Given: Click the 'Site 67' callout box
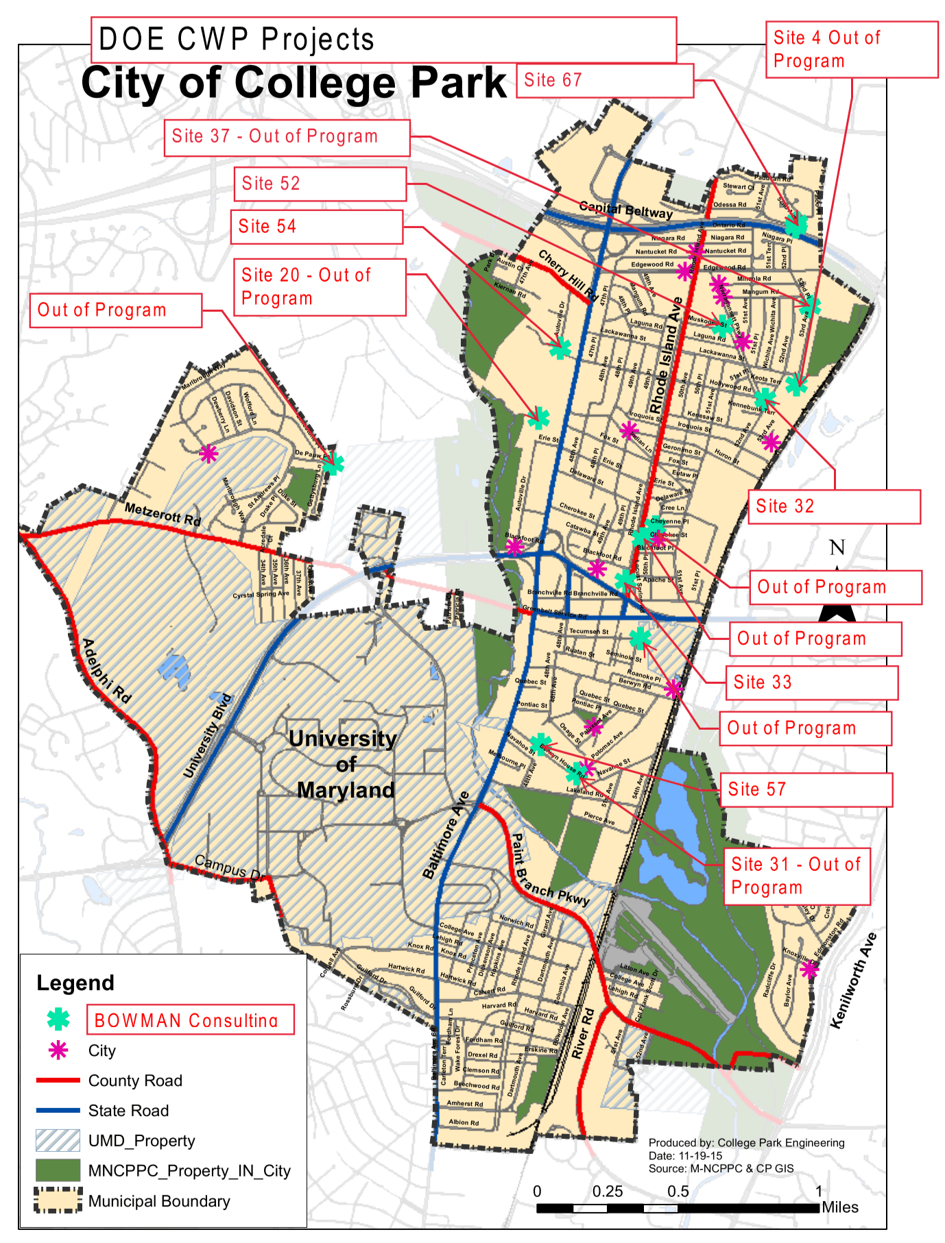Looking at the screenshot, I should coord(604,81).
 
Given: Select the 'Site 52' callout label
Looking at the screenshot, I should coord(320,184).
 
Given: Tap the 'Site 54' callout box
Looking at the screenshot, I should coord(317,227).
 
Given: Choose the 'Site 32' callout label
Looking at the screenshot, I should coord(834,506).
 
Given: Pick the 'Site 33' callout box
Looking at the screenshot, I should coord(811,682).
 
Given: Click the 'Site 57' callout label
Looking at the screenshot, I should coord(806,789).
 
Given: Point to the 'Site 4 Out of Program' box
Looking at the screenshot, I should coord(851,49).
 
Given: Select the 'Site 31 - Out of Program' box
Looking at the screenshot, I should coord(796,876).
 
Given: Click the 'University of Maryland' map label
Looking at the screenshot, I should coord(343,764).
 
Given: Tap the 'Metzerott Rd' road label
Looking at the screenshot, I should coord(163,514).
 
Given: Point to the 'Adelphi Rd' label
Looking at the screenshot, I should coord(106,670).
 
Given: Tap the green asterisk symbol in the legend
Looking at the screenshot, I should coord(58,1019).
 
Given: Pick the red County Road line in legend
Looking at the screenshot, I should coord(58,1081).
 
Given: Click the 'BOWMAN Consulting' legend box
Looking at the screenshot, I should coord(190,1020).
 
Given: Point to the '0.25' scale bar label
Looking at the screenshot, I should coord(608,1191).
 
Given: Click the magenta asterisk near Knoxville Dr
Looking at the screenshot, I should coord(809,969).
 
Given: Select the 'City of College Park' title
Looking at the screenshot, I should coord(294,84).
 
